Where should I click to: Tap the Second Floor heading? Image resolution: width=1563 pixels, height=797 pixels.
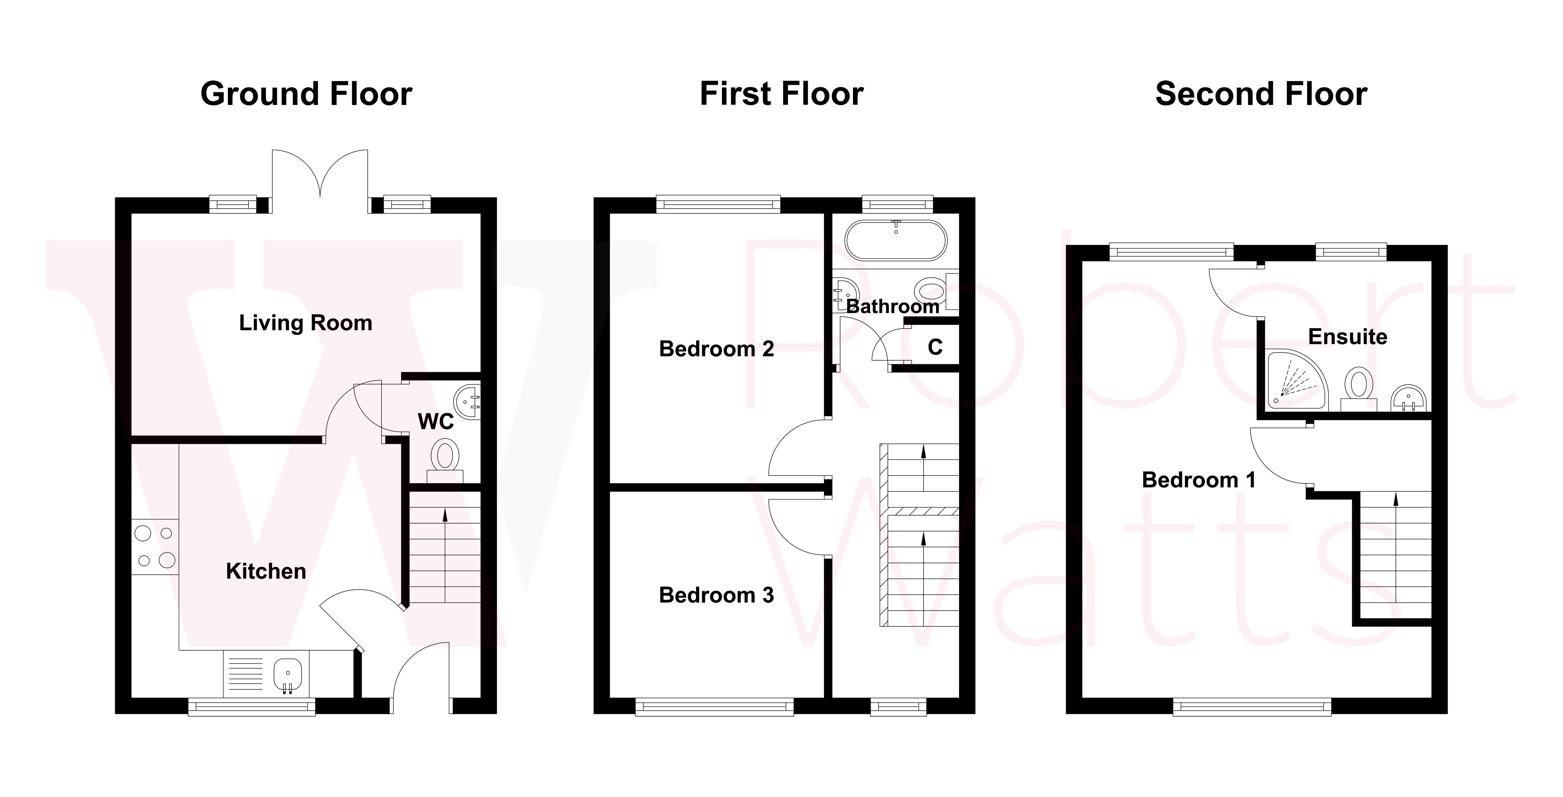pos(1261,95)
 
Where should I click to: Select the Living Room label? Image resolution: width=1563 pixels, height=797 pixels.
pos(305,323)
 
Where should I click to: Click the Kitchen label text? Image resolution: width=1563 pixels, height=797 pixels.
pos(266,571)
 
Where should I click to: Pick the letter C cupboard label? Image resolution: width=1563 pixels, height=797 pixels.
pos(935,347)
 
